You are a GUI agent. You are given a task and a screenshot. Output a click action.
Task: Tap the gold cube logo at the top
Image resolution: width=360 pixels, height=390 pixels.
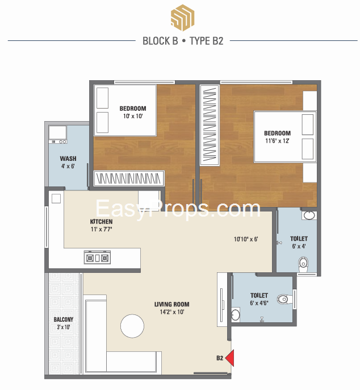tap(182, 18)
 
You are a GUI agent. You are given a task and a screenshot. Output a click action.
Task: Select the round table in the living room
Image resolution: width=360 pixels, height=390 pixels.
tap(132, 326)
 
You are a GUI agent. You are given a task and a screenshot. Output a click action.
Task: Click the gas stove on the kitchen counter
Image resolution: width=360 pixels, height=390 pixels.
tap(97, 258)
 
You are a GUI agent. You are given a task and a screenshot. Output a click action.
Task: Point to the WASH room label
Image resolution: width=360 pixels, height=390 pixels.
tap(68, 159)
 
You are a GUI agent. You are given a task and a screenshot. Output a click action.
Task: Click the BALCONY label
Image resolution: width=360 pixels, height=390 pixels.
tap(64, 320)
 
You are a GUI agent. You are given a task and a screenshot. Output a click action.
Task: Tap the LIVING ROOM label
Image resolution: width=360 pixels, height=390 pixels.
tap(171, 304)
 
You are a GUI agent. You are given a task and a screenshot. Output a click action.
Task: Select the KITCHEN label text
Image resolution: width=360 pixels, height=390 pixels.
tap(101, 222)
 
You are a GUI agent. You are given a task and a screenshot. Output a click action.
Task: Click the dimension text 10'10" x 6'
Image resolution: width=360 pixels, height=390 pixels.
tap(246, 239)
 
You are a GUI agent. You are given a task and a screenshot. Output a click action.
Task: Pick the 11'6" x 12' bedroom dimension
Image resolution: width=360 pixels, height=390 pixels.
tap(277, 141)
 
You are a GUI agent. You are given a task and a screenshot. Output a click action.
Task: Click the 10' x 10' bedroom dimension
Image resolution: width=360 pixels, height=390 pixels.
tap(133, 116)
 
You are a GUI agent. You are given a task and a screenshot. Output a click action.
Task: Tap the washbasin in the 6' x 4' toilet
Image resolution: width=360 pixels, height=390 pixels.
tap(309, 215)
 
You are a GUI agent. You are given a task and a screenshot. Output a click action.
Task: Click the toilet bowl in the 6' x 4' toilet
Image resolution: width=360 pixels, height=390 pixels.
tap(303, 265)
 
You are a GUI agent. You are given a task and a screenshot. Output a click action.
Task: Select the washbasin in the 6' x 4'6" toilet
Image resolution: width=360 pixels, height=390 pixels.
tap(235, 314)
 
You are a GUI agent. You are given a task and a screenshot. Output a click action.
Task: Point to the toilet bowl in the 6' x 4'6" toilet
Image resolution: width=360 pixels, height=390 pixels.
tap(284, 299)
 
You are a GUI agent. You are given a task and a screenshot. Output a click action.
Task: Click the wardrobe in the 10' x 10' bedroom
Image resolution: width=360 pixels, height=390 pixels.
tap(129, 178)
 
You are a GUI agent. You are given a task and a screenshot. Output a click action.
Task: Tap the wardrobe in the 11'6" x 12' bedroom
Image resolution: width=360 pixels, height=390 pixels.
tap(210, 125)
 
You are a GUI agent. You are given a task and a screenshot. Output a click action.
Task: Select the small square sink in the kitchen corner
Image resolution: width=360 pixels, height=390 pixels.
tap(56, 199)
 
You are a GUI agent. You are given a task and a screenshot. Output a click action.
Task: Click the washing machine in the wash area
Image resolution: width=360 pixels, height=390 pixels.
tap(58, 135)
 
